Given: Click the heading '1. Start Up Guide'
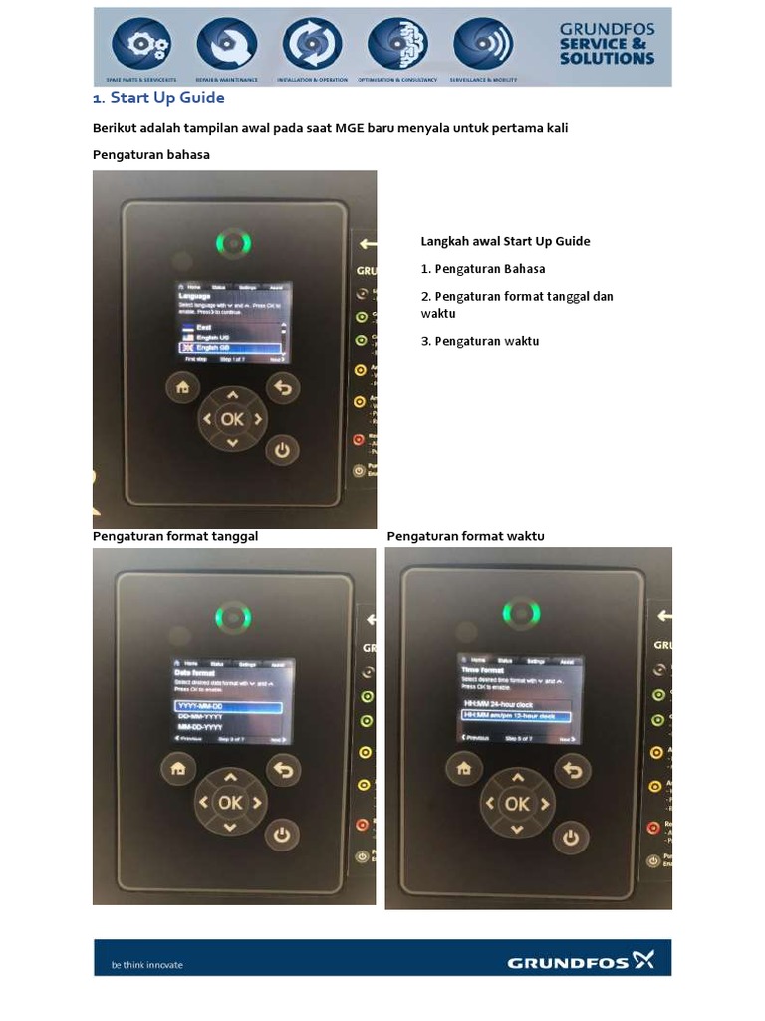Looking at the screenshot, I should coord(158,98).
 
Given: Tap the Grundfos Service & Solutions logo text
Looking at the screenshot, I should coord(607,44).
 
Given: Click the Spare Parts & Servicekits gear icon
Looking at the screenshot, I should coord(140,44).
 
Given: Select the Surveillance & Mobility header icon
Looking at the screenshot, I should coord(483,44).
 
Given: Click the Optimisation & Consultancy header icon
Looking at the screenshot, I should coord(397,44).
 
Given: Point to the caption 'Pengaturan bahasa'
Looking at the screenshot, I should coord(151,154).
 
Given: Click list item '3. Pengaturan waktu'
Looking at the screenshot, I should coord(480,341).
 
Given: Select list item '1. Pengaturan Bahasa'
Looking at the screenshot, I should coord(483,269).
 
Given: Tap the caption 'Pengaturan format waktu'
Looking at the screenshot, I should coord(465,536).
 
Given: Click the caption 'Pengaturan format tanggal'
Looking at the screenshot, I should coord(175,536).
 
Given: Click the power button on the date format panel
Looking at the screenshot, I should coord(282,834).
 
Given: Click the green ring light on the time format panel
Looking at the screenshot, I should coord(520,613).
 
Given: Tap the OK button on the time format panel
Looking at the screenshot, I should coord(516,804).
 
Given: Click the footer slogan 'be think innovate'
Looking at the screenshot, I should coord(146,964).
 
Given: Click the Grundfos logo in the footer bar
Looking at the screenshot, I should coord(581,962).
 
